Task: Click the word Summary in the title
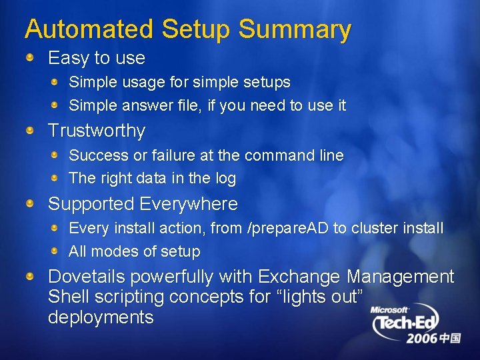click(x=295, y=30)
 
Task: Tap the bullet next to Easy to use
click(x=31, y=58)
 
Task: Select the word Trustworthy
click(x=97, y=131)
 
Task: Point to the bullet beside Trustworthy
click(x=31, y=131)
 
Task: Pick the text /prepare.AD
click(x=288, y=229)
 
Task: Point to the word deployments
click(x=101, y=317)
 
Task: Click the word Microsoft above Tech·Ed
click(x=390, y=310)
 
